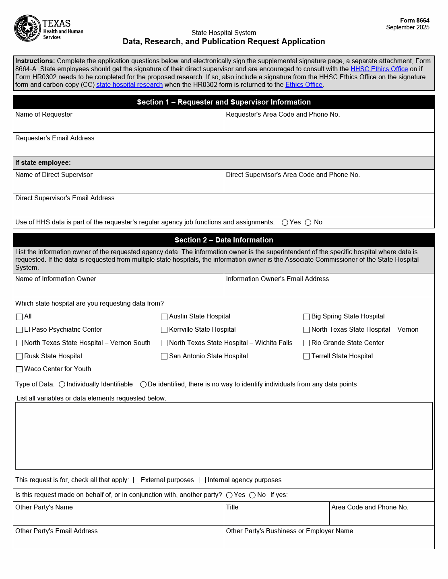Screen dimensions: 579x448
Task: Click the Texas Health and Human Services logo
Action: [48, 29]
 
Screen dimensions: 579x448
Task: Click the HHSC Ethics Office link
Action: [379, 69]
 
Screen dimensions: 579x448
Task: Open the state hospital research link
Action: [129, 84]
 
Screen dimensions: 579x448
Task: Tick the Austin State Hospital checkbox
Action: [164, 317]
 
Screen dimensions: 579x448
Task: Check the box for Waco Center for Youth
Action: [19, 369]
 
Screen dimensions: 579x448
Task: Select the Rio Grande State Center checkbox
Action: [307, 343]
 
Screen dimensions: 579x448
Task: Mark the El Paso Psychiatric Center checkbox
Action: [19, 330]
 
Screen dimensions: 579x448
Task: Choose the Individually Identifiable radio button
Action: [62, 384]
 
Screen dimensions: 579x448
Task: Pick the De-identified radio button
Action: [143, 384]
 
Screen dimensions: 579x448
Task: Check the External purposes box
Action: [136, 480]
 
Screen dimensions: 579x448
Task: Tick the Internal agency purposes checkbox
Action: [203, 480]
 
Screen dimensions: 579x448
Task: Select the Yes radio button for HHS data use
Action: [285, 222]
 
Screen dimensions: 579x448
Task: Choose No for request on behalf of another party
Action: [252, 495]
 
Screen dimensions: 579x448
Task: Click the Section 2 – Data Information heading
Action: [224, 240]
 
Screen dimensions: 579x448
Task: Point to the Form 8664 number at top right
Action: [415, 21]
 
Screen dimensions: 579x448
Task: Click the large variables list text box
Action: [224, 436]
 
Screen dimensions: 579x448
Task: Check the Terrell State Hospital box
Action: [307, 356]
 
